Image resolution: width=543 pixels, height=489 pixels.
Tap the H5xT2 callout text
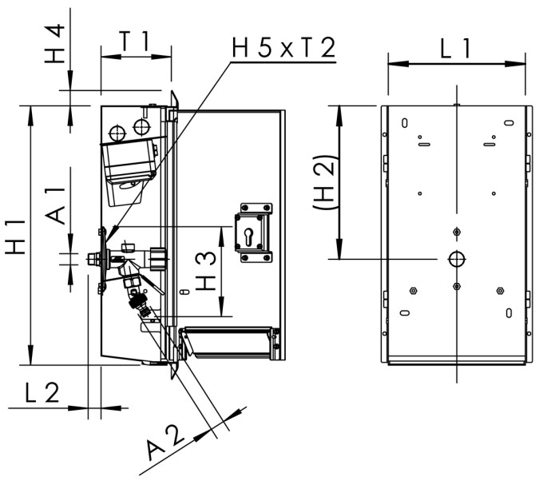click(x=282, y=48)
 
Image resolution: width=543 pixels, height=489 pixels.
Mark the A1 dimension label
click(x=54, y=207)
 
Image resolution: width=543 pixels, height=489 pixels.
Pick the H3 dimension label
click(x=206, y=272)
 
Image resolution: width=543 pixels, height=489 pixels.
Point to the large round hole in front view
click(x=456, y=259)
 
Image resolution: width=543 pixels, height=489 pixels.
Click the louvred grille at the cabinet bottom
click(x=229, y=343)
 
